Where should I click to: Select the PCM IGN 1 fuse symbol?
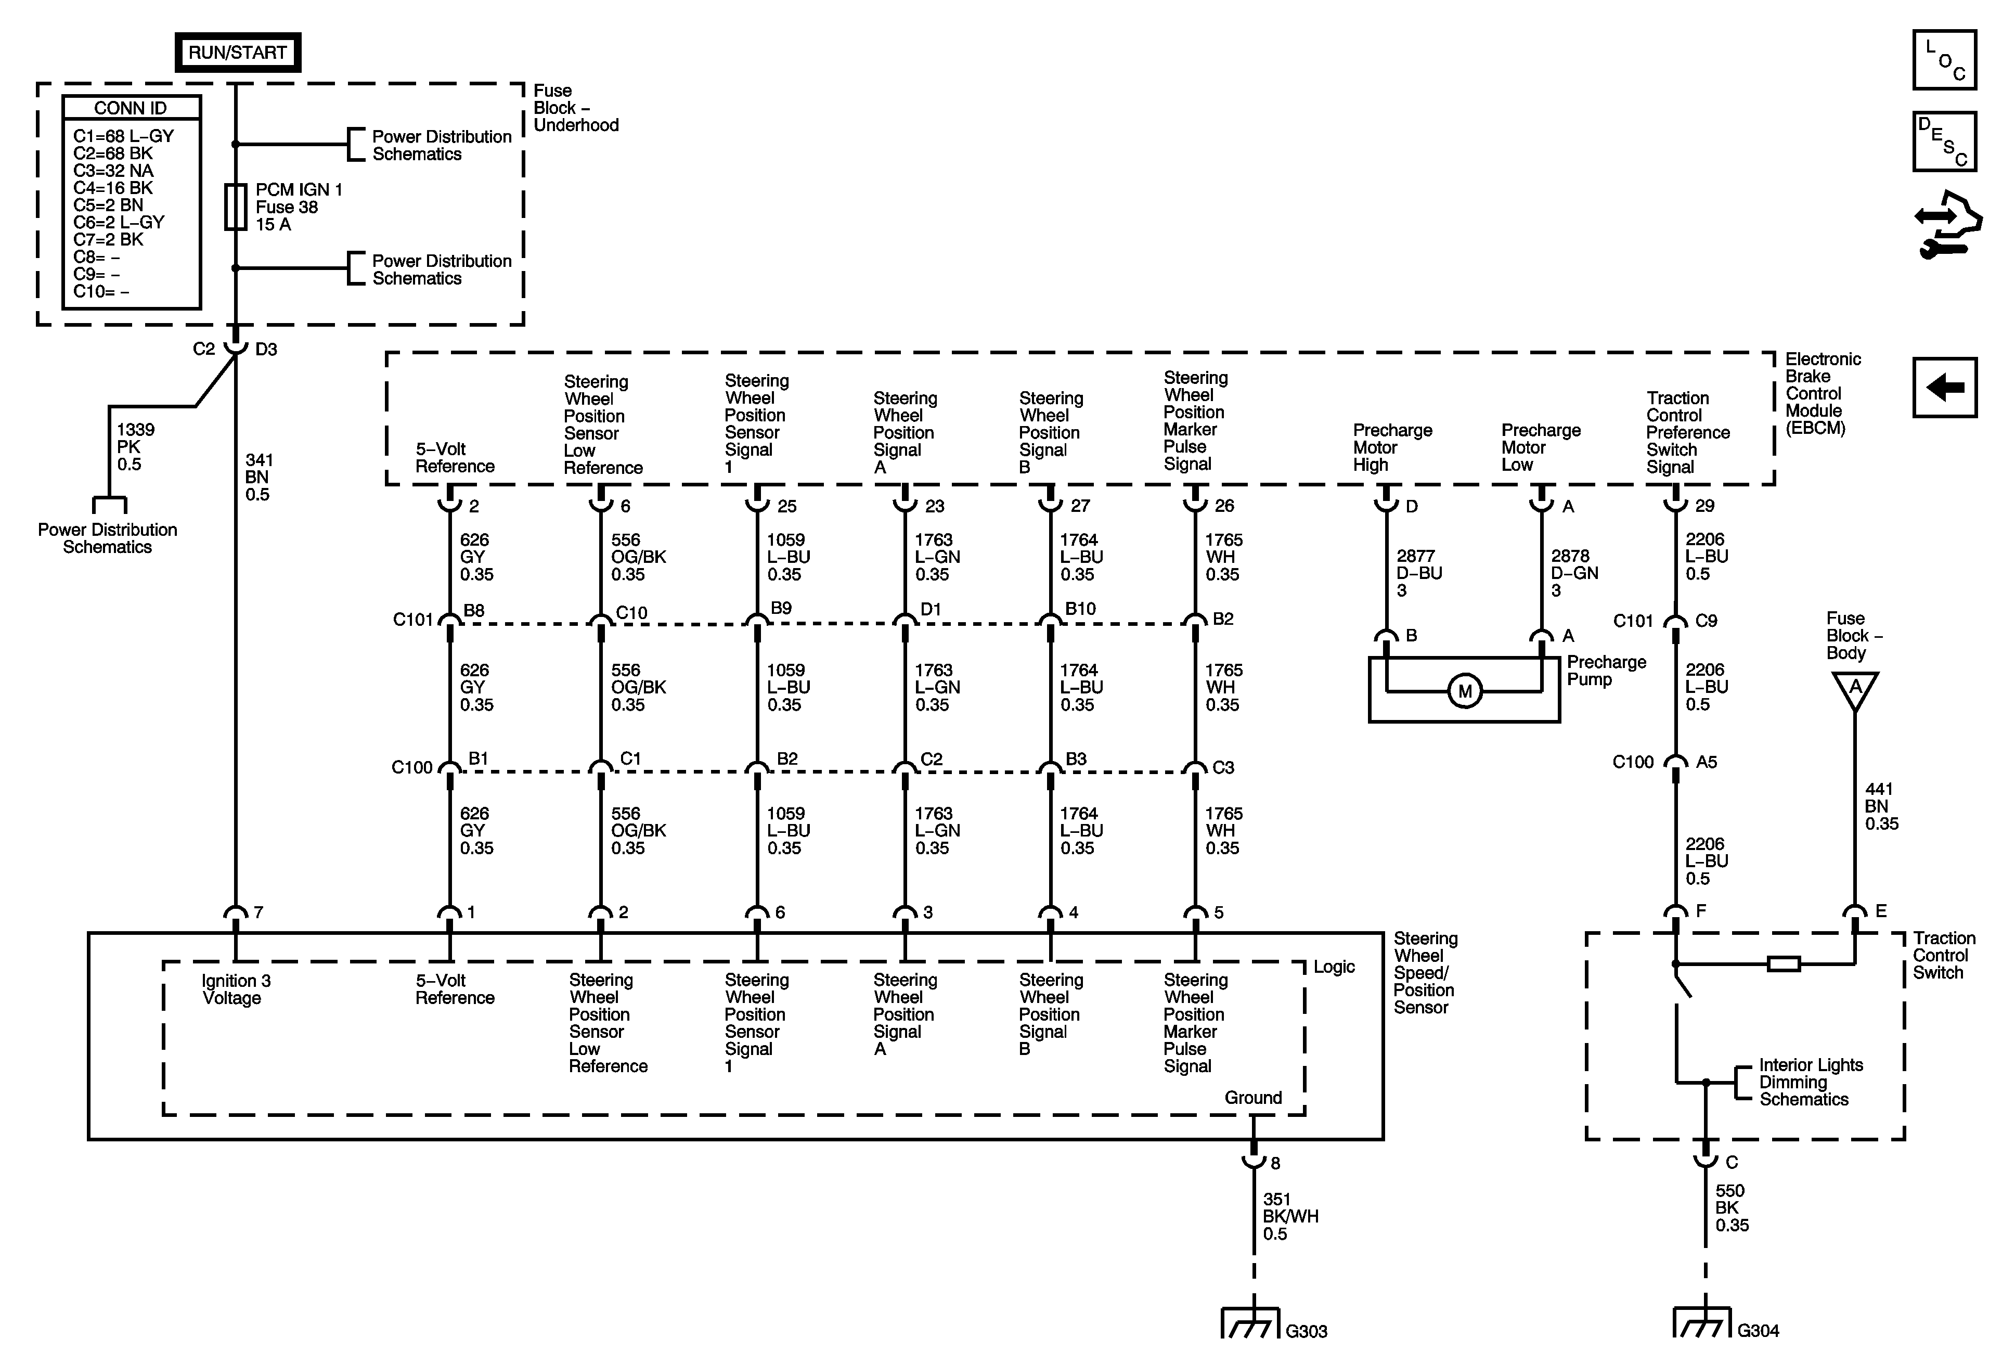pos(235,207)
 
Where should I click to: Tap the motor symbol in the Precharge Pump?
pos(1464,691)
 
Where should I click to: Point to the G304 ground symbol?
pos(1702,1323)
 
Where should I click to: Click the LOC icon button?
pos(1945,60)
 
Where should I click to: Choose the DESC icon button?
pos(1945,141)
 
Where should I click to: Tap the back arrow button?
pos(1945,388)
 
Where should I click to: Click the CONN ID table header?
pos(131,108)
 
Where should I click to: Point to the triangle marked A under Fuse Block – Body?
pos(1855,689)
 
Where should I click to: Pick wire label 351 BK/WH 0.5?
pos(1289,1216)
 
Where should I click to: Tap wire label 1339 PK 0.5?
pos(135,446)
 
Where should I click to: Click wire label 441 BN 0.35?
pos(1881,806)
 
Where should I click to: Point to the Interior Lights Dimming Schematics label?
pos(1811,1082)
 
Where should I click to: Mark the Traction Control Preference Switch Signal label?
pos(1687,432)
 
